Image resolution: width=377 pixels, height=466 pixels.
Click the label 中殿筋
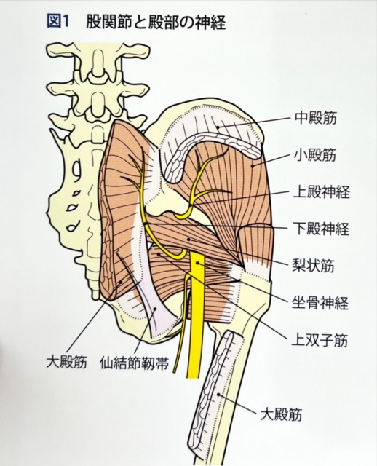click(x=316, y=118)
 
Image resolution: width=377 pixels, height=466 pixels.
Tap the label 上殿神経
click(x=322, y=192)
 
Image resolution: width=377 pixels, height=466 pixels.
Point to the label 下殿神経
click(x=322, y=229)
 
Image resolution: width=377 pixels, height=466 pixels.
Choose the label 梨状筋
click(x=314, y=265)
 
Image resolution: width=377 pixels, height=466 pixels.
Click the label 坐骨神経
click(x=320, y=303)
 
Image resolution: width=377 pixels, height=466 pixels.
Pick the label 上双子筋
click(x=320, y=340)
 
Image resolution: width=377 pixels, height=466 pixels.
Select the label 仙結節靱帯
click(x=135, y=363)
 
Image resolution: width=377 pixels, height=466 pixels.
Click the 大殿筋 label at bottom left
click(x=66, y=363)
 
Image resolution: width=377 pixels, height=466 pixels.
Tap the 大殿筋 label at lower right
click(x=281, y=414)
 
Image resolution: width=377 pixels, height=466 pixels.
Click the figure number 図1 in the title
click(x=58, y=23)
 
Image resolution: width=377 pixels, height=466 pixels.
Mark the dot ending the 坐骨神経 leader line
click(x=197, y=264)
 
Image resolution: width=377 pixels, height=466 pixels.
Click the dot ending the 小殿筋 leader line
click(x=253, y=166)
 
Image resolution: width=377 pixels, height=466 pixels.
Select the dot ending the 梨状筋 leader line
click(x=188, y=239)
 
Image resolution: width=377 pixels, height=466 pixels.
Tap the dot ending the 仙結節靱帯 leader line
click(x=155, y=309)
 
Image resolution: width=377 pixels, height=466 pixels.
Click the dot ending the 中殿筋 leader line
click(x=218, y=127)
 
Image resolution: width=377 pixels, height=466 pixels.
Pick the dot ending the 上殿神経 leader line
click(x=190, y=205)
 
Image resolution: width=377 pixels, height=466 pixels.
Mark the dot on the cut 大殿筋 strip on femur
click(x=218, y=395)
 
